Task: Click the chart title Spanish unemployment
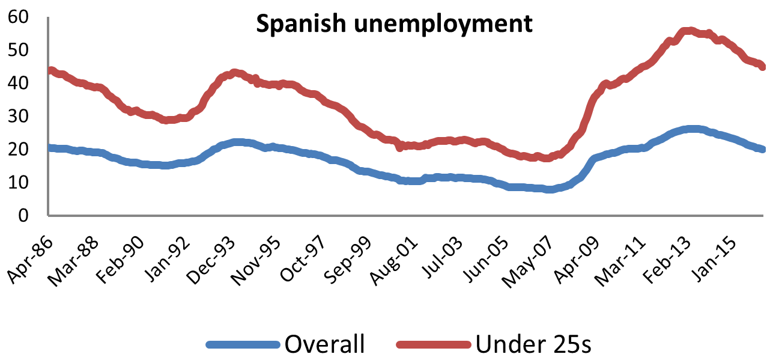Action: pyautogui.click(x=394, y=24)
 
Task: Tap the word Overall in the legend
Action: pyautogui.click(x=324, y=344)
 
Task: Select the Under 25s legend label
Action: pyautogui.click(x=533, y=344)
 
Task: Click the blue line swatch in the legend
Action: pyautogui.click(x=243, y=345)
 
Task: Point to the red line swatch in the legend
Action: pyautogui.click(x=433, y=345)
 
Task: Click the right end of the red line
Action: pyautogui.click(x=762, y=67)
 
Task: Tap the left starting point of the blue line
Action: pyautogui.click(x=50, y=148)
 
